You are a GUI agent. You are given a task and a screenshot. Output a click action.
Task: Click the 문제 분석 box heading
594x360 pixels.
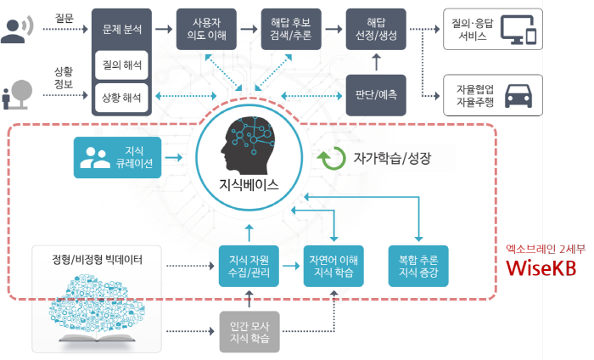click(x=121, y=28)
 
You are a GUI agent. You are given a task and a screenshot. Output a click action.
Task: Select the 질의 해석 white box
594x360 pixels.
click(x=121, y=64)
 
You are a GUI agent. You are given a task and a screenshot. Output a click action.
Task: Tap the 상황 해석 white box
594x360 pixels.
click(x=121, y=98)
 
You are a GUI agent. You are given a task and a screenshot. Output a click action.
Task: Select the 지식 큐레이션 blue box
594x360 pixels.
click(x=117, y=157)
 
